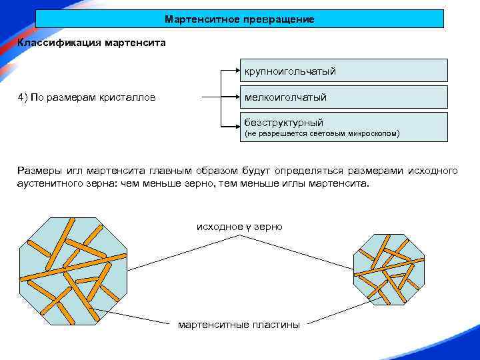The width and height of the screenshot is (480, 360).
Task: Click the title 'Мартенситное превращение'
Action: (x=239, y=19)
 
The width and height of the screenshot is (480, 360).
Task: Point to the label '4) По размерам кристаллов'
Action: (x=87, y=98)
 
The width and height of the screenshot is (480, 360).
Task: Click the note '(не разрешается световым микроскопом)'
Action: (x=321, y=134)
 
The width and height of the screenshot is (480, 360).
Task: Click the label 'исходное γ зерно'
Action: (x=239, y=227)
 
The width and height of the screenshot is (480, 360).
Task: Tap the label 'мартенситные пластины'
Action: (x=239, y=325)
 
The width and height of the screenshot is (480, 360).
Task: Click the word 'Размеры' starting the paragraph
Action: (x=39, y=171)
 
